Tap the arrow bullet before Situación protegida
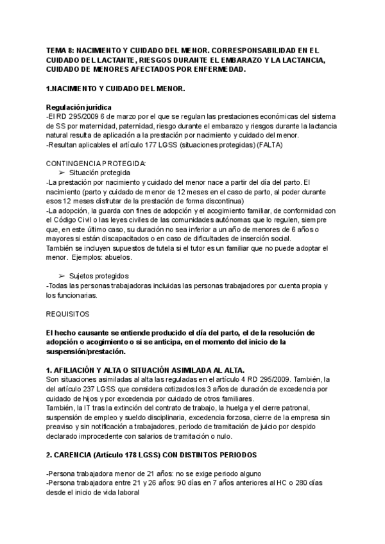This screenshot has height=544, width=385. click(62, 173)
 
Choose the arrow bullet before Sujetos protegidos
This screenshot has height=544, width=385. click(62, 276)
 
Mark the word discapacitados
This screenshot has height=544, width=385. click(138, 239)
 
